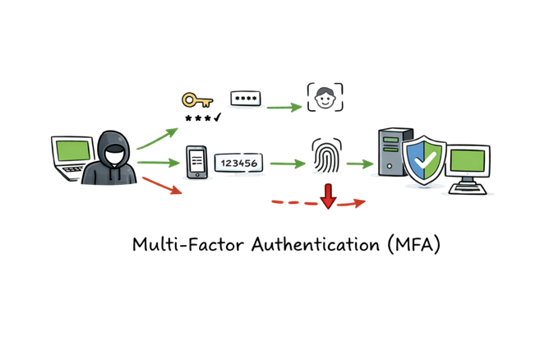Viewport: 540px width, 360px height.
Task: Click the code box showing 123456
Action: click(238, 163)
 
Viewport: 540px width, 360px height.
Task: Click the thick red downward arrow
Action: click(328, 196)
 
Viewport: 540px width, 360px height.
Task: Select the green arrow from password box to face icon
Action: click(284, 106)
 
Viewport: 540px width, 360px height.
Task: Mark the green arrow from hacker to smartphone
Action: click(159, 163)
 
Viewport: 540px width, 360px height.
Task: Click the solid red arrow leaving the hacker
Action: click(161, 187)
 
